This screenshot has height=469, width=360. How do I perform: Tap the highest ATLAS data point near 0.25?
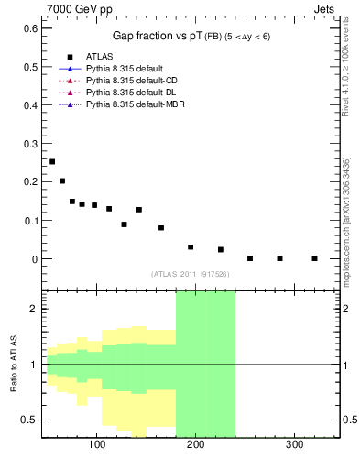coord(52,161)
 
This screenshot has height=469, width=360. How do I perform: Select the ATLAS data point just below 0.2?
coord(62,180)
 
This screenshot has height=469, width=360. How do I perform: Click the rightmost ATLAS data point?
coord(314,258)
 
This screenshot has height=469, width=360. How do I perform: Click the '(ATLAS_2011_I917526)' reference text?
coord(190,274)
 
